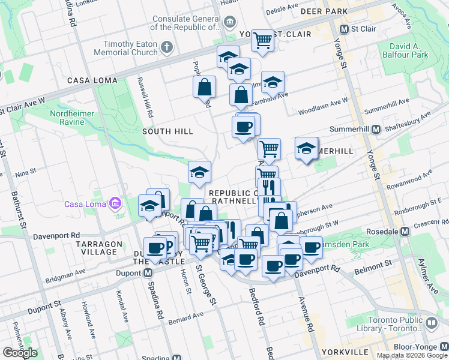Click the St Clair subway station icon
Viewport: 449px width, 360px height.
point(345,29)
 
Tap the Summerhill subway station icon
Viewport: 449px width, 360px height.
point(376,129)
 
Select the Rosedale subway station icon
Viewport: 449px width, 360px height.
point(405,231)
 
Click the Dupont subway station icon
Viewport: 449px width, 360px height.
point(148,273)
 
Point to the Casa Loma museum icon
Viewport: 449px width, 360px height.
point(113,205)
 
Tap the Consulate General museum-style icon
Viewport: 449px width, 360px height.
point(229,23)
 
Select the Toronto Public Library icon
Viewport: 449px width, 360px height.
point(431,323)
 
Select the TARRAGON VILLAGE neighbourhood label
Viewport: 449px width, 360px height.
point(92,247)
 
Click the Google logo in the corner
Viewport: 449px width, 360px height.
point(20,353)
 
